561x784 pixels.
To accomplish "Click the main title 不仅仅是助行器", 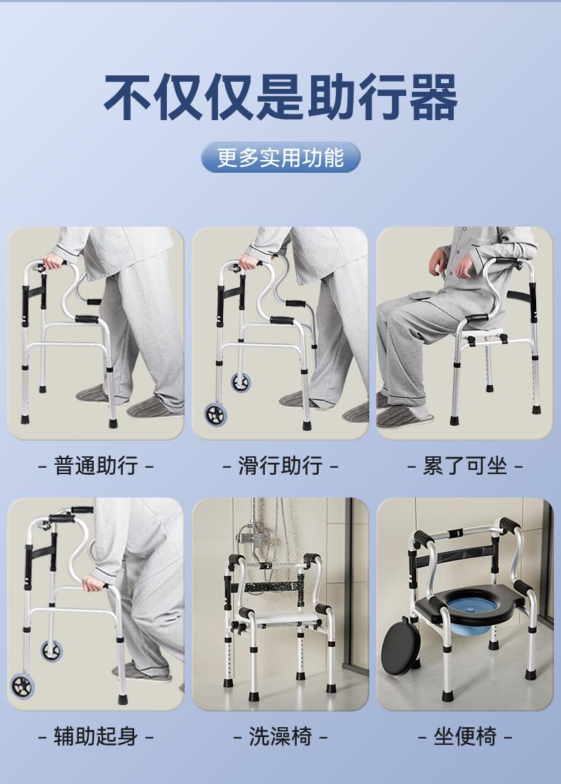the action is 280,97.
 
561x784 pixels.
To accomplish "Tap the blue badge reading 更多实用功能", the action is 280,157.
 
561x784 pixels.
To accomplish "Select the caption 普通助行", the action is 96,466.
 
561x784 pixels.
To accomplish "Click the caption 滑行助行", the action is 280,466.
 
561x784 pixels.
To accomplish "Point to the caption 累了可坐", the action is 464,466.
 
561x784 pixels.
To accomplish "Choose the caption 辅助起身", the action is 96,736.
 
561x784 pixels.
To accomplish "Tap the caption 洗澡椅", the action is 280,736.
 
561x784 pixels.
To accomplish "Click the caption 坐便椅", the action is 464,736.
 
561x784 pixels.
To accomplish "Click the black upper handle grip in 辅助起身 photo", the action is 82,510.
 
